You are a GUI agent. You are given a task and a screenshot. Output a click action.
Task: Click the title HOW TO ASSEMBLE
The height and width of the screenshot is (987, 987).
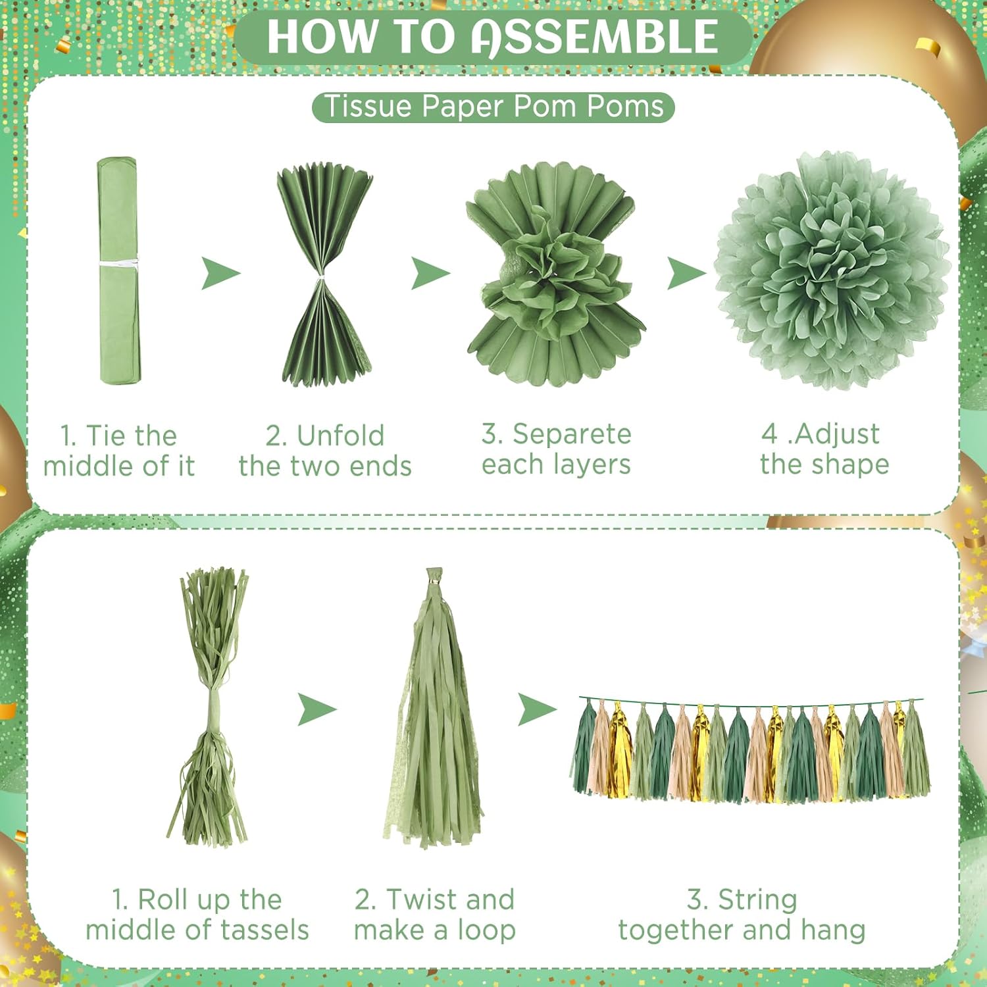[492, 37]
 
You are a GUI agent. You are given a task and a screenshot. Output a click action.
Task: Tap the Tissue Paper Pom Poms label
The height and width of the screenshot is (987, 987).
[493, 107]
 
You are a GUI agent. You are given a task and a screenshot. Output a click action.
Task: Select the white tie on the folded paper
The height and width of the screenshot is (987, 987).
[118, 263]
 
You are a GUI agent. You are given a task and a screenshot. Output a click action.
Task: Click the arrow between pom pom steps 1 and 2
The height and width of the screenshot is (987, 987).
[220, 273]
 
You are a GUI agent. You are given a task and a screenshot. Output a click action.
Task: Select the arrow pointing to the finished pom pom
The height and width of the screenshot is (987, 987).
[686, 273]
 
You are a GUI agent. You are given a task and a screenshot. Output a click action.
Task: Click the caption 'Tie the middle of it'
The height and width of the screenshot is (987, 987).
[119, 451]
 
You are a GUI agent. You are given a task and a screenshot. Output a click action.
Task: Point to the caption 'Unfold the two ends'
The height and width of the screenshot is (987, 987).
[325, 451]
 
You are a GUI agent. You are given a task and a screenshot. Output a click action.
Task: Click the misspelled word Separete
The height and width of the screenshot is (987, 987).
[572, 434]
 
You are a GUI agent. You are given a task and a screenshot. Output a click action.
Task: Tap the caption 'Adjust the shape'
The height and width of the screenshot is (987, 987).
[824, 449]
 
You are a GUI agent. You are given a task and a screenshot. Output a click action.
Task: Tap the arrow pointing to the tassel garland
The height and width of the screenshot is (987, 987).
[537, 709]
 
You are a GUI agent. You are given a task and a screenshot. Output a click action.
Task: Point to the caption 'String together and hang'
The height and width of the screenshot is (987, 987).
[742, 915]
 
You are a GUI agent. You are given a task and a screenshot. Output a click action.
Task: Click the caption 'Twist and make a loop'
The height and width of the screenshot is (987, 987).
[434, 915]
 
